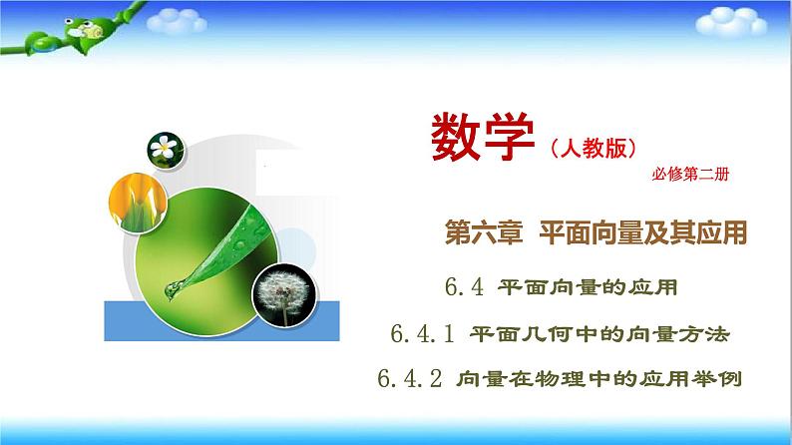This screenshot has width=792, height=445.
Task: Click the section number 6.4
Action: click(x=464, y=288)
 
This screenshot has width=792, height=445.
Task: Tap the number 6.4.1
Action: click(x=426, y=335)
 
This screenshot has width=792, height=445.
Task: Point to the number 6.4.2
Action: click(x=410, y=379)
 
